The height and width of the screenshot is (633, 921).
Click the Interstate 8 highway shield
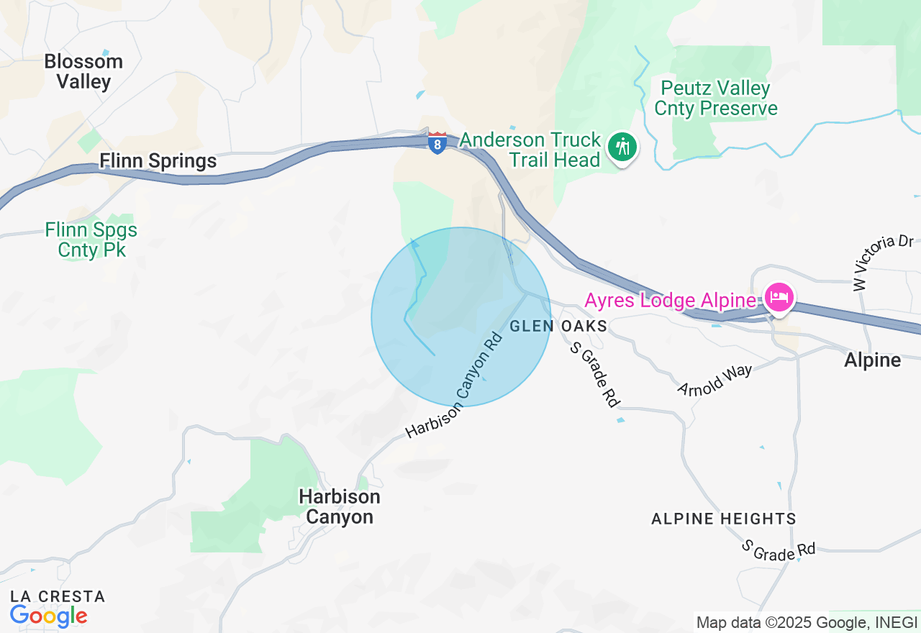click(x=437, y=142)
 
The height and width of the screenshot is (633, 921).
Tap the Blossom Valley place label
click(x=83, y=71)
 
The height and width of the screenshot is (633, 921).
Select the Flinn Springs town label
click(x=158, y=160)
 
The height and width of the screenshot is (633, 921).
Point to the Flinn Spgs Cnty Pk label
click(x=91, y=240)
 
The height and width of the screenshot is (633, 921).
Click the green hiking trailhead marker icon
click(x=620, y=147)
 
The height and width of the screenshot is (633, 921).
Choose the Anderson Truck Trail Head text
click(x=531, y=149)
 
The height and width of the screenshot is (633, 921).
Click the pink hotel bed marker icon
click(x=779, y=296)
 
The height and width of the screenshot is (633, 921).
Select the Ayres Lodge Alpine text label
click(x=670, y=300)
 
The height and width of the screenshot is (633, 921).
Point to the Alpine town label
click(x=873, y=360)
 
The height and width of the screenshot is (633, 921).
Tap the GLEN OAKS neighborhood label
click(x=558, y=327)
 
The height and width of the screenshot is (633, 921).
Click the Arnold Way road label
click(x=714, y=380)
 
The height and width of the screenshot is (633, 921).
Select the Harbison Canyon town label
click(x=340, y=506)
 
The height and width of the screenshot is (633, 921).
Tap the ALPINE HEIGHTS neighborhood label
click(x=723, y=519)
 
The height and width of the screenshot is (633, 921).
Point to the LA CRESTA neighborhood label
click(x=58, y=596)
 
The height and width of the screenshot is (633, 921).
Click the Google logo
click(x=48, y=616)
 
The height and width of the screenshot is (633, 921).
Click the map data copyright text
click(x=807, y=621)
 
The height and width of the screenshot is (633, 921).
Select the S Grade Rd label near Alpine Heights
click(x=780, y=551)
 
